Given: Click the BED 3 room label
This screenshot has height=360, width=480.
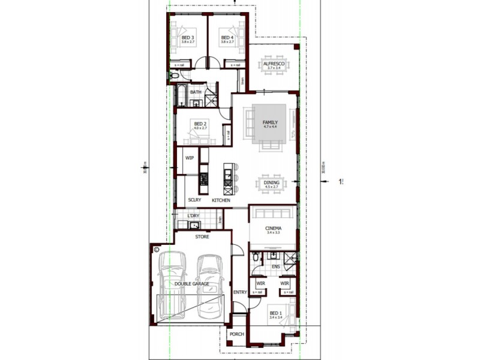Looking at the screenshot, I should point(187,38).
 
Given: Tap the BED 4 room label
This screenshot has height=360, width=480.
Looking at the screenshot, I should point(227,38).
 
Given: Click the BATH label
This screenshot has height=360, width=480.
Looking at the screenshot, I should point(196,92).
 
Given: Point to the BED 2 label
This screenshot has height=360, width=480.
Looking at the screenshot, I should point(200,124).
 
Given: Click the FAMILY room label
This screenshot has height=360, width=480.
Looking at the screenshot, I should point(271,122).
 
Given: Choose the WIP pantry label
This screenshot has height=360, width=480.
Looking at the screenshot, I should point(190,158).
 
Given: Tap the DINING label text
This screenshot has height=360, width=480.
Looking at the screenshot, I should point(272,182).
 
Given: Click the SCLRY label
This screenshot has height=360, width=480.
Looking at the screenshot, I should point(194,200).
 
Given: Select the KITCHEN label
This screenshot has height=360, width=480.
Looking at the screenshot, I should point(221,200).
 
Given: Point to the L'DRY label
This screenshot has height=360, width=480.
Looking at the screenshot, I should point(193,215).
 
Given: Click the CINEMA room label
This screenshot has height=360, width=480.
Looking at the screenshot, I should point(273,229).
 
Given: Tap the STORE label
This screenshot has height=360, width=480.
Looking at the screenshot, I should point(202,237).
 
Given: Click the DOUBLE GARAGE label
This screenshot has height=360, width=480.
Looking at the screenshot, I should point(192,284).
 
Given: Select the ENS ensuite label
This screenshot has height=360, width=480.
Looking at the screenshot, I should point(276,266).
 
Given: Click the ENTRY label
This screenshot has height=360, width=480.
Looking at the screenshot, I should point(240,292).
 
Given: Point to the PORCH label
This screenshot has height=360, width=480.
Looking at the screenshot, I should point(237,335).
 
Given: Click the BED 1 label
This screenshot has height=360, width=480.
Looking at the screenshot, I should point(275,313).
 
